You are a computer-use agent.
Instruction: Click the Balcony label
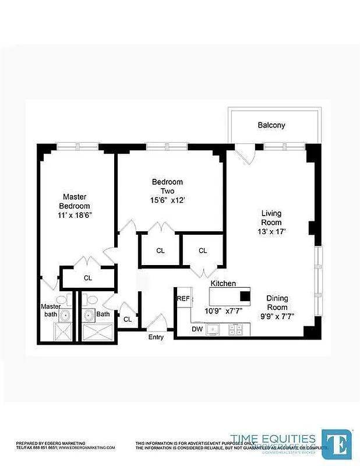[271, 125]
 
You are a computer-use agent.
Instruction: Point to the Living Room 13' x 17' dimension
[271, 231]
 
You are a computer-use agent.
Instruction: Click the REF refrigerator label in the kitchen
[183, 298]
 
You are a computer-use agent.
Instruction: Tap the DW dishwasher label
[198, 330]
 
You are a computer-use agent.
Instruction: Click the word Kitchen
[223, 284]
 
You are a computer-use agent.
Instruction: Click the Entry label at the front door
[156, 337]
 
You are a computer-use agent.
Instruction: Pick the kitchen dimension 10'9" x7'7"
[223, 311]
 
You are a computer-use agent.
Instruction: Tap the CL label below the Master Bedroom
[88, 278]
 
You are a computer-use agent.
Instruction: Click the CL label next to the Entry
[128, 319]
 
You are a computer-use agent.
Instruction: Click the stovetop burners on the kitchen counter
[236, 330]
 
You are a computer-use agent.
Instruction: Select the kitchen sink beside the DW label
[214, 330]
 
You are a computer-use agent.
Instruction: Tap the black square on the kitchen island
[245, 295]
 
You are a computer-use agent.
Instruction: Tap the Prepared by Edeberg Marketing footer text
[50, 443]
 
